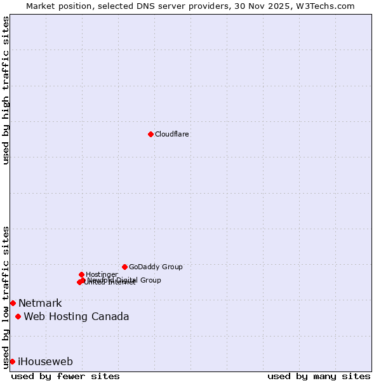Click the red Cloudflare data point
(150, 134)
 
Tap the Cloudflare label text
(172, 134)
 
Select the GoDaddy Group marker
(124, 267)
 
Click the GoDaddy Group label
(156, 267)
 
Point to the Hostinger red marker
(81, 274)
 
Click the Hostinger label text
(102, 274)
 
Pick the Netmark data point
(13, 303)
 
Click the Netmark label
(40, 303)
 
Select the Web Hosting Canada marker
(18, 316)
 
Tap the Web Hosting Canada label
(76, 316)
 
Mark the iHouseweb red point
(12, 361)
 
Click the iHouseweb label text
(45, 361)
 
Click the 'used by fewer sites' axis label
(65, 376)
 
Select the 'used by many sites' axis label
(319, 376)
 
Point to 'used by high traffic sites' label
(6, 90)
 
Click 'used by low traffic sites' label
(6, 297)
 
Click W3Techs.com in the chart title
(328, 6)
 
